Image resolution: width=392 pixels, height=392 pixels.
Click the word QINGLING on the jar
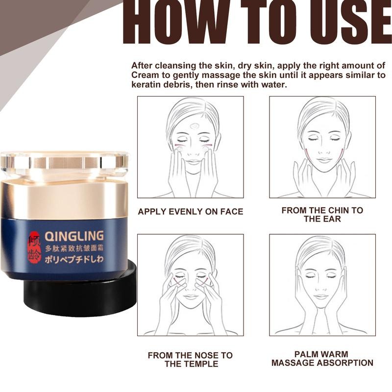point(74,236)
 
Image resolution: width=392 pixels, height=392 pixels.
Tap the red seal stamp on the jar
point(34,247)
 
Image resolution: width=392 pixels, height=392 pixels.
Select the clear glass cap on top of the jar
point(64,164)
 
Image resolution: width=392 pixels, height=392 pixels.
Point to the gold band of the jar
point(64,200)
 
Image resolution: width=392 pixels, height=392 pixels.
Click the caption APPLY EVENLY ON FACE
point(191,212)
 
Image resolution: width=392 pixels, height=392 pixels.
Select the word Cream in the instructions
point(145,75)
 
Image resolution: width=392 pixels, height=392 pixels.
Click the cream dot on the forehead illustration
point(194,126)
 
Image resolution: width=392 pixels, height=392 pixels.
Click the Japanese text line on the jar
point(74,259)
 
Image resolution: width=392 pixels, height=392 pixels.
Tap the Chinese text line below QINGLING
point(74,248)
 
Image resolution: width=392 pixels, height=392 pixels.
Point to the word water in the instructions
point(273,84)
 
